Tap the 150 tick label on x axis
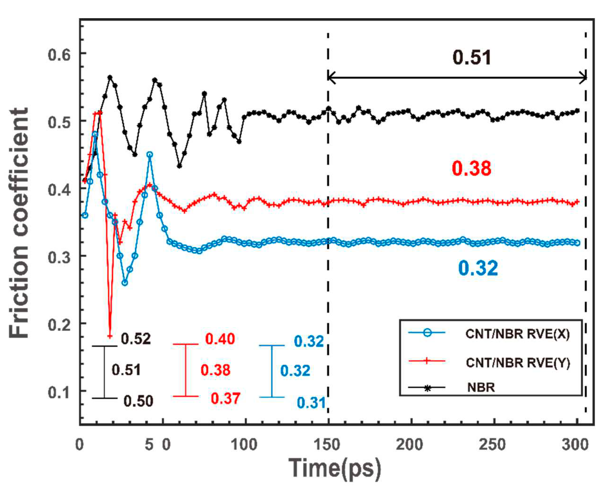pos(327,444)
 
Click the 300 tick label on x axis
pos(575,444)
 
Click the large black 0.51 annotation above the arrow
pos(472,58)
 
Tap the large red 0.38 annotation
pos(471,168)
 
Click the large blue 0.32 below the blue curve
pos(478,268)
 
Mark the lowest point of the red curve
pos(110,336)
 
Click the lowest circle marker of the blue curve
pos(125,283)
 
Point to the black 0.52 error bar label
pos(136,339)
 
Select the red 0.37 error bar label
pos(225,398)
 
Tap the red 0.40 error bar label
pos(220,339)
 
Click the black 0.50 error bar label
pos(138,401)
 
